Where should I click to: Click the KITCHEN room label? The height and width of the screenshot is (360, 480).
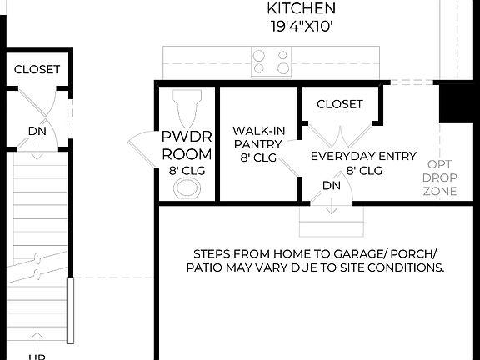301,8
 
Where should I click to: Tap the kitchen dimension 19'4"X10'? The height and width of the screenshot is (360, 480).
301,25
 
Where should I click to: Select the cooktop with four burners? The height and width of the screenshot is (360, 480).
272,62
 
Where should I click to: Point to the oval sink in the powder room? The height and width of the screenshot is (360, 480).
187,188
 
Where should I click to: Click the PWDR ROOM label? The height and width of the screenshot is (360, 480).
187,146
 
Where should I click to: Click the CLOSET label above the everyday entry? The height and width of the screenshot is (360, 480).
340,104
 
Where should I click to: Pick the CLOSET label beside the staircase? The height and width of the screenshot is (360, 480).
37,70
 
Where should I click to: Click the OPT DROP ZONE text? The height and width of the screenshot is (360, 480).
440,177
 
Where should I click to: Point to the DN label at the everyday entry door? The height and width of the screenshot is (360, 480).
332,185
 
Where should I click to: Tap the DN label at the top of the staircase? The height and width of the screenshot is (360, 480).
37,131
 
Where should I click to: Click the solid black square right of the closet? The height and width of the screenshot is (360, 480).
456,102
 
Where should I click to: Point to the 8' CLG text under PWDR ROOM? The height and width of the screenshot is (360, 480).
187,171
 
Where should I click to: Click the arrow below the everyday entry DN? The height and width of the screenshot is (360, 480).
332,207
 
